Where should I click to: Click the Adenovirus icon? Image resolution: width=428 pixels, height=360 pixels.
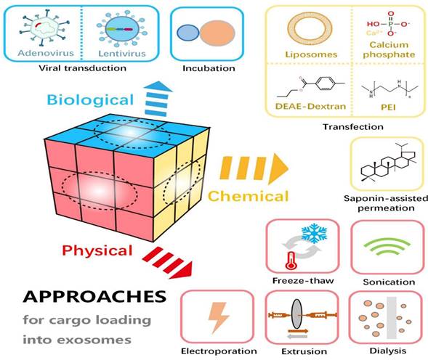pos(44,28)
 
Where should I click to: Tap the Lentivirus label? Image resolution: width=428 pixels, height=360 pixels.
pos(122,53)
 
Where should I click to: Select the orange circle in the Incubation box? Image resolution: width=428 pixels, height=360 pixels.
pos(217,33)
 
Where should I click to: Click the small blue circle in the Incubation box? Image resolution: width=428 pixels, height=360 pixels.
pos(187,33)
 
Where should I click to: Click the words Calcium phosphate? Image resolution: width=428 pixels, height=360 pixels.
pos(389,49)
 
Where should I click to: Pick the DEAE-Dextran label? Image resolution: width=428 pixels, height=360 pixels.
pos(310,106)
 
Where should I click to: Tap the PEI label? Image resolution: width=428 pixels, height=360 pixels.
pos(388,107)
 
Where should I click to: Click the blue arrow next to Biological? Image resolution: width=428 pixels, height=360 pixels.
pos(158,99)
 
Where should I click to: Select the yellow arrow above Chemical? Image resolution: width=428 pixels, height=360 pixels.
pos(254,168)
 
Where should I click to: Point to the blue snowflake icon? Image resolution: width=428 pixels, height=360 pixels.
pos(314,234)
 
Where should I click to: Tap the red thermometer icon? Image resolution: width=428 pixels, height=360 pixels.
pos(291,261)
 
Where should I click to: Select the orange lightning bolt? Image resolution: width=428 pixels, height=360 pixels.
pos(219,317)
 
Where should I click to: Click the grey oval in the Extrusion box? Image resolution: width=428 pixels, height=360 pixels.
pos(296,314)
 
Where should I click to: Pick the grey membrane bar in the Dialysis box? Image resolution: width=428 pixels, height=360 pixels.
pos(392,318)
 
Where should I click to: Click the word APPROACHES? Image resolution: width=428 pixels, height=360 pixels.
pos(94,297)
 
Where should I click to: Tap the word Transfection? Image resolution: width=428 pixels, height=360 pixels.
pos(353,127)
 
